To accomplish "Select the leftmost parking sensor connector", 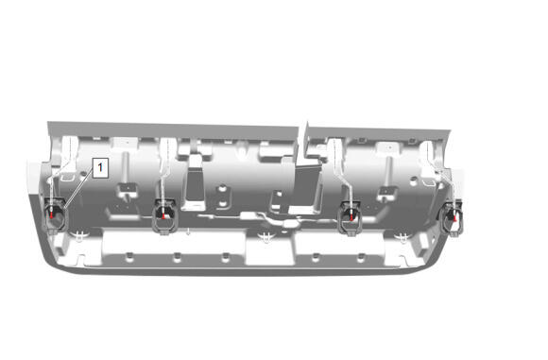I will coord(56,215).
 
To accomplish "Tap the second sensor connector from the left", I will coord(163,217).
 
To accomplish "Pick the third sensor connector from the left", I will coord(352,219).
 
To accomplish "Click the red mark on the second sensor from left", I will coord(163,215).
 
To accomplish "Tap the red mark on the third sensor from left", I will coord(352,217).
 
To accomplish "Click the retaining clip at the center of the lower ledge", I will coord(268,236).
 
